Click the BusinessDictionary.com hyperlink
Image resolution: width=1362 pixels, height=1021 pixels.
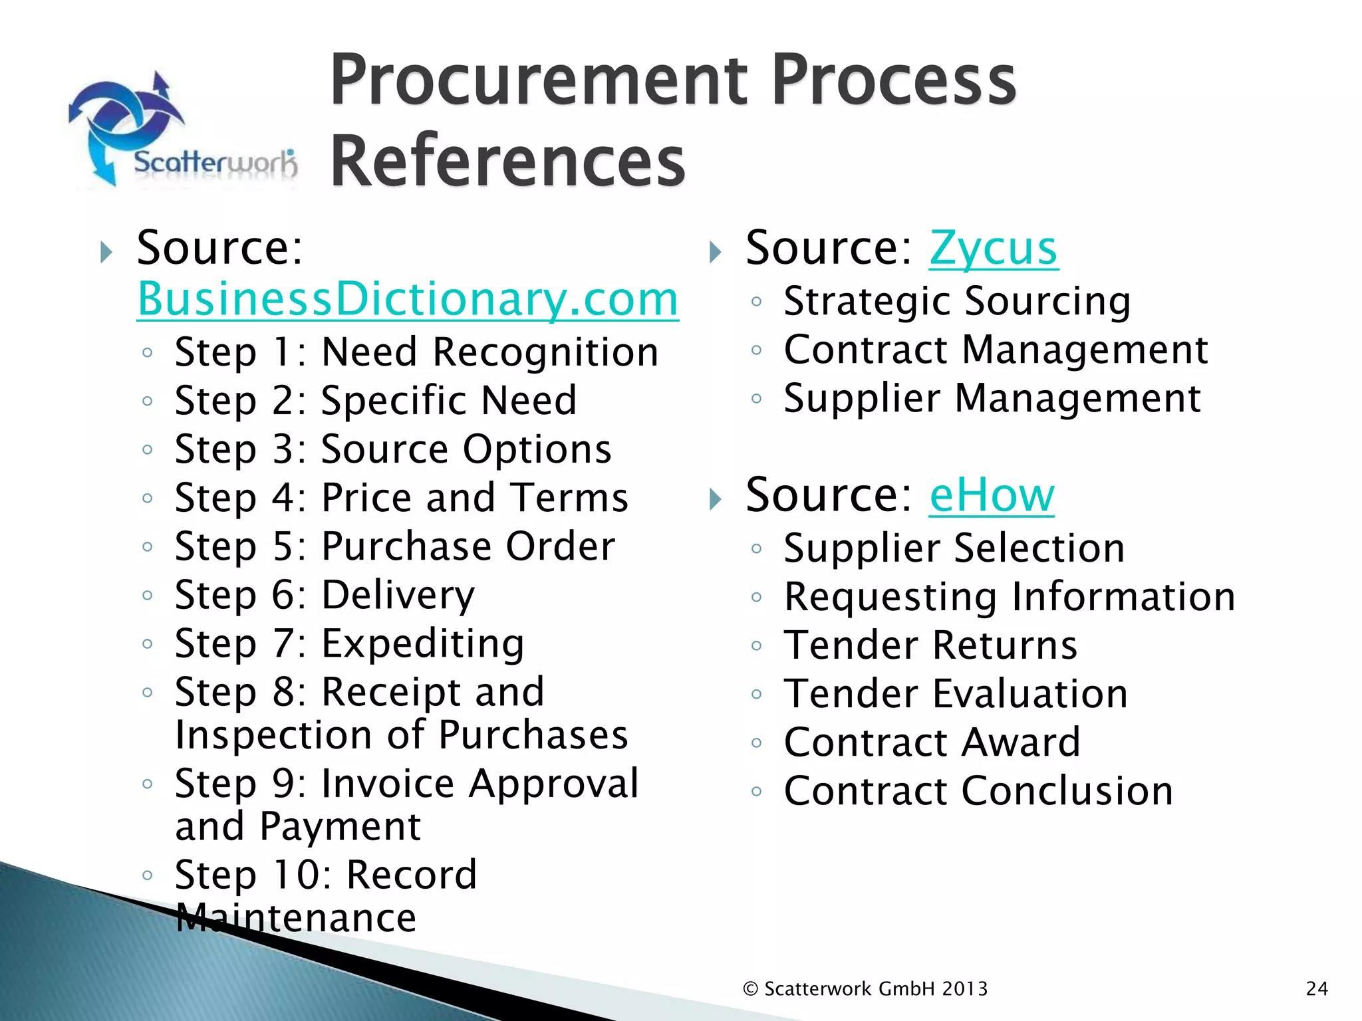(x=407, y=300)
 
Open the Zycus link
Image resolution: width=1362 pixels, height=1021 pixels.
(x=993, y=249)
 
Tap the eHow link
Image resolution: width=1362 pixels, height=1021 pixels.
(x=991, y=495)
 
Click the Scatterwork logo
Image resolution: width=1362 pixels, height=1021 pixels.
(x=183, y=130)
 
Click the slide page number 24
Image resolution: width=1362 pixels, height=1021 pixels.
(x=1317, y=989)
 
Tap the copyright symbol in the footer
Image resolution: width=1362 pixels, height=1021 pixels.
(x=751, y=989)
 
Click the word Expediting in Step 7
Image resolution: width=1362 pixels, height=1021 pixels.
(x=423, y=643)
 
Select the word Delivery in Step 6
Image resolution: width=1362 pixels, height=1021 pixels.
(x=398, y=595)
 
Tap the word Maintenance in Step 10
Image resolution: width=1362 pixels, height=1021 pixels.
(x=296, y=918)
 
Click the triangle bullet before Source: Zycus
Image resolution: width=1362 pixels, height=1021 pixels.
(x=716, y=252)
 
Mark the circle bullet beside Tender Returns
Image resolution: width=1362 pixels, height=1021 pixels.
(x=756, y=646)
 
